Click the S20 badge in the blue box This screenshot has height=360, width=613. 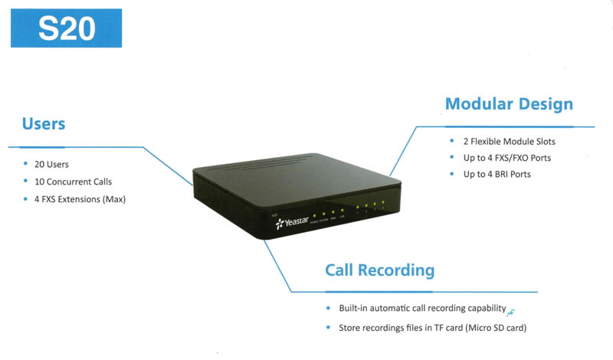coord(67,28)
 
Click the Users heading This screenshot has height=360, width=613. coord(44,124)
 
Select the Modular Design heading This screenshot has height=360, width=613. coord(509,103)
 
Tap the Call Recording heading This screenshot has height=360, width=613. coord(379,270)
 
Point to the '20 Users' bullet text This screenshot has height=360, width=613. coord(52,164)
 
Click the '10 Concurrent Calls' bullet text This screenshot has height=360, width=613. coord(74,182)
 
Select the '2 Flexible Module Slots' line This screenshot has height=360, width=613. coord(509,142)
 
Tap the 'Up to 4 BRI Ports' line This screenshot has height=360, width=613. coord(497,175)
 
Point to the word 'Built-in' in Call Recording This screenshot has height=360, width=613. coord(354,309)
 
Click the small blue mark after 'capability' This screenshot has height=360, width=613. coord(510,311)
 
